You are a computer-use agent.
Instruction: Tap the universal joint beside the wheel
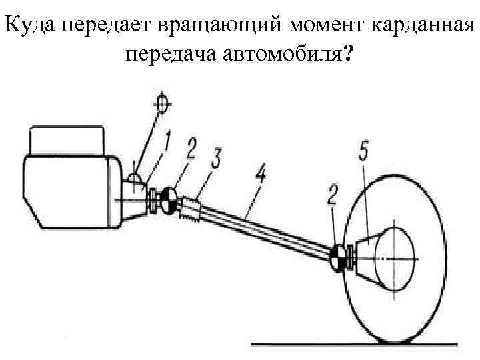pos(338,257)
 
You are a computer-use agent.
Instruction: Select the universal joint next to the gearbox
pos(169,199)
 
